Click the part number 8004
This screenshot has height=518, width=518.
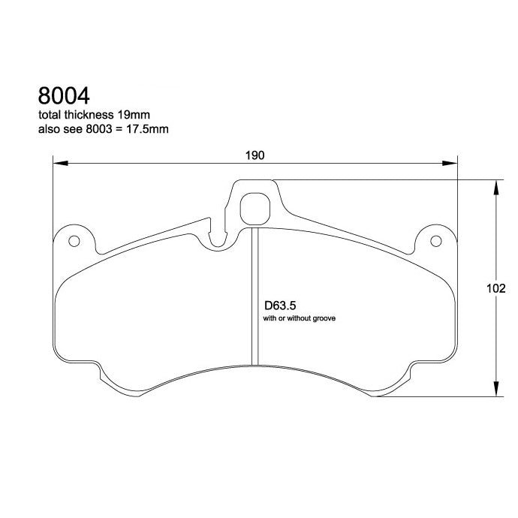click(x=64, y=97)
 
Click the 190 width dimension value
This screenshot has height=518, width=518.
click(x=255, y=155)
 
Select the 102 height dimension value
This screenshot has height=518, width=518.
click(x=496, y=289)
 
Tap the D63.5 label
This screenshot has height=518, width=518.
click(x=278, y=306)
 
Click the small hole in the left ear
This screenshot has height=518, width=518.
click(x=74, y=242)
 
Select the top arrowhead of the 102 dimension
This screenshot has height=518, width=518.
click(x=495, y=187)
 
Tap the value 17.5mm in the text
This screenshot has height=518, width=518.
click(x=149, y=129)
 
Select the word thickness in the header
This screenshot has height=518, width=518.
click(x=91, y=116)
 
